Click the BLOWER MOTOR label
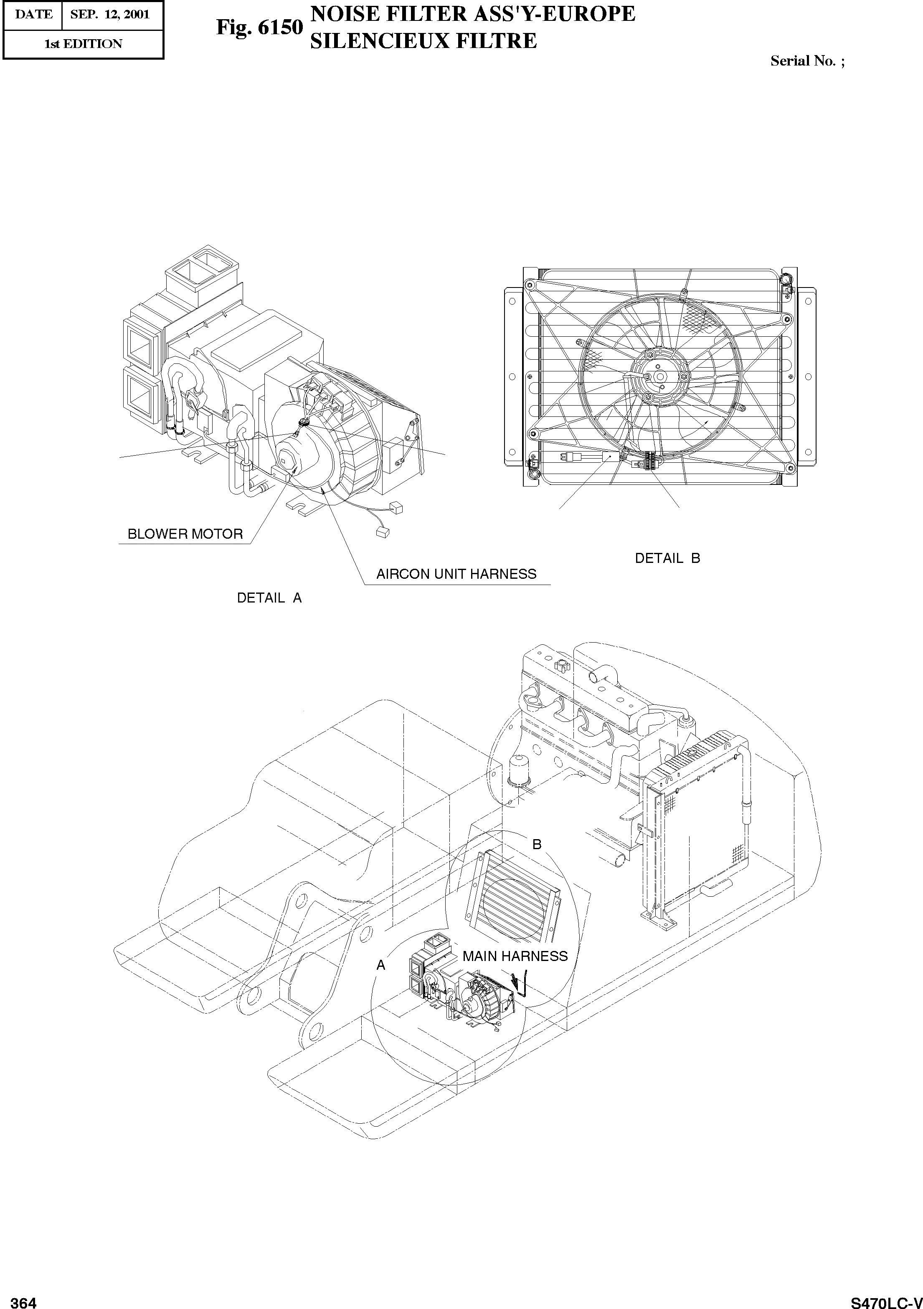[185, 534]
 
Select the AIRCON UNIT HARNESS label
[456, 574]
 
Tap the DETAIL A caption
[269, 598]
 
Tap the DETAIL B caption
[667, 558]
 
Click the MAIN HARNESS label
[515, 956]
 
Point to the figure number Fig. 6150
[259, 27]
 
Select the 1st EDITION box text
[83, 44]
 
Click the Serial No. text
[806, 61]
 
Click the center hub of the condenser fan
[659, 376]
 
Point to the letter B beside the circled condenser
[536, 844]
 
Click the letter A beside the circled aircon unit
[381, 965]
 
